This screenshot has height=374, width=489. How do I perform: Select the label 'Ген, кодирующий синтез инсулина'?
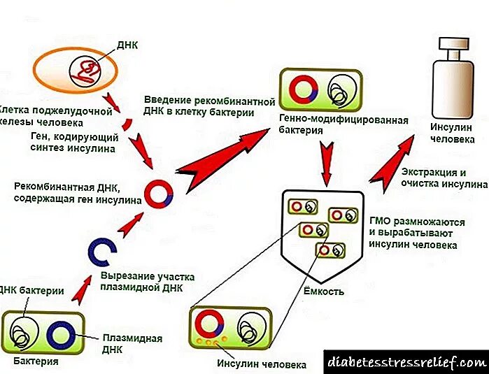tap(64, 142)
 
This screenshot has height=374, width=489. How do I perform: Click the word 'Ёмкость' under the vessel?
tap(324, 291)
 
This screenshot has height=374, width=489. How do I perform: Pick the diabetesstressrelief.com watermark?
tap(405, 361)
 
